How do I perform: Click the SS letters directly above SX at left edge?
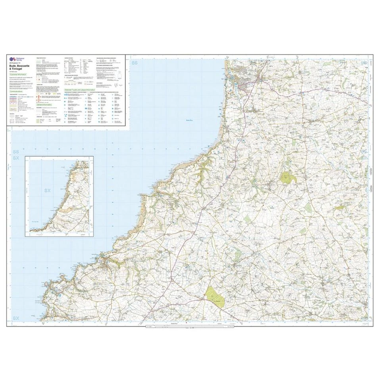16,152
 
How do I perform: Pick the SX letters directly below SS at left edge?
16,158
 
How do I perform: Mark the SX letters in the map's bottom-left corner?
16,318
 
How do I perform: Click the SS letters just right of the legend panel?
135,63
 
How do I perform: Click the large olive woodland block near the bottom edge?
215,296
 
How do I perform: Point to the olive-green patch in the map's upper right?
289,177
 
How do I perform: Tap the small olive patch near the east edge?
339,207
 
